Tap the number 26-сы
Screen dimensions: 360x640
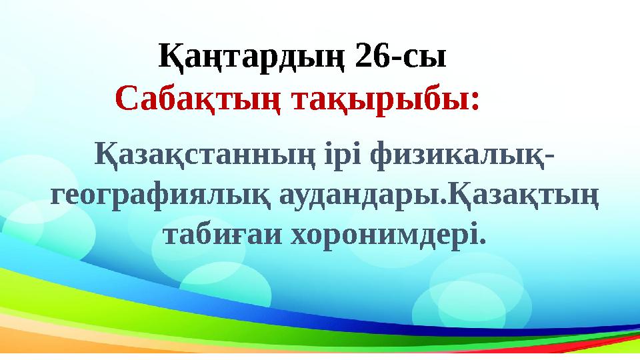point(401,57)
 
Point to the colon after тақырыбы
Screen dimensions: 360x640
point(475,101)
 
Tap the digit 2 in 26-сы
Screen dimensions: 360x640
point(364,57)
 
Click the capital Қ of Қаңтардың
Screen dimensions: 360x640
point(169,57)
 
